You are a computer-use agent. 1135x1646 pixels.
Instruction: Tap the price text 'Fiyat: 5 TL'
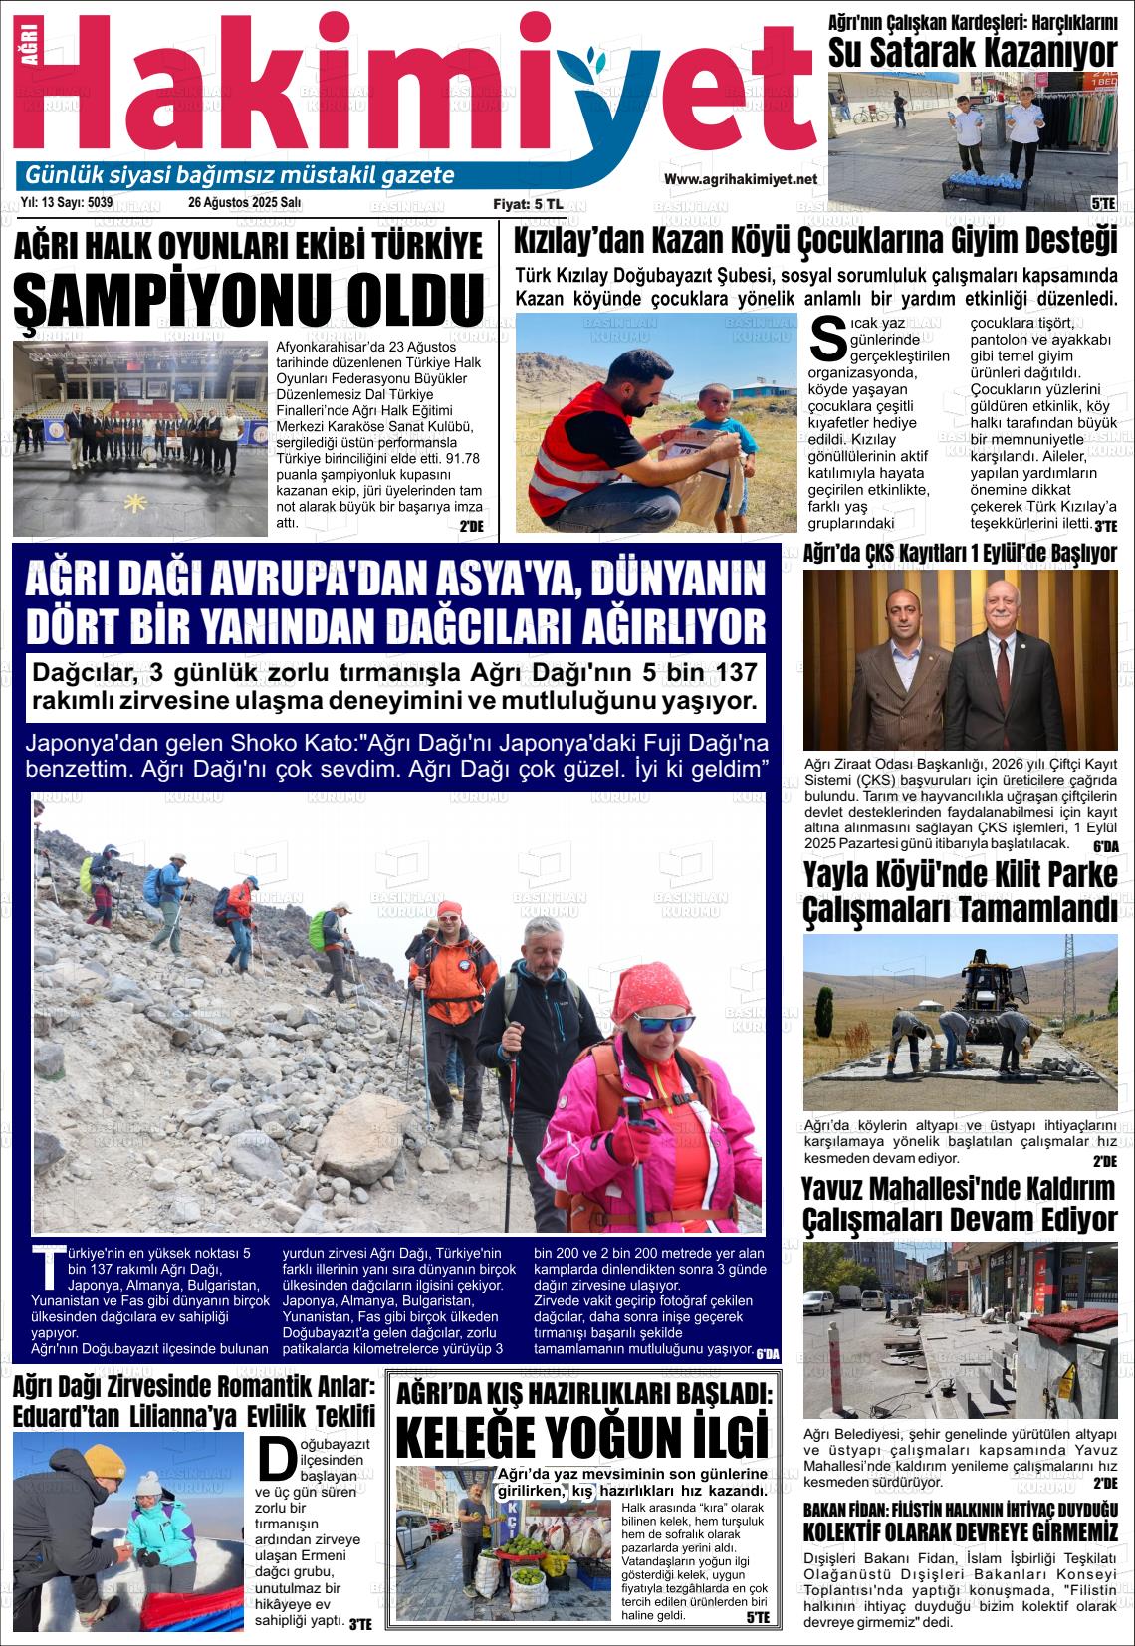(528, 203)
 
